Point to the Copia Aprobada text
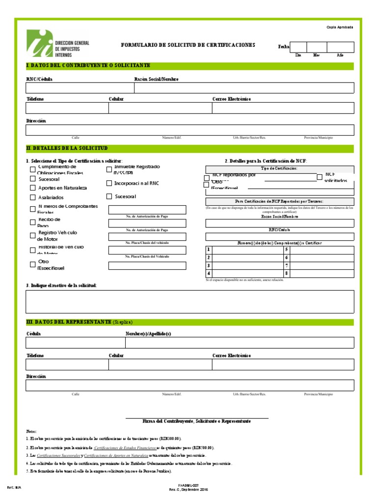pyautogui.click(x=340, y=27)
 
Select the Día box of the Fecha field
pyautogui.click(x=298, y=47)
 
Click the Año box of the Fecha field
pyautogui.click(x=340, y=47)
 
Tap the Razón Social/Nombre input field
pyautogui.click(x=243, y=88)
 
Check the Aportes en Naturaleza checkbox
pyautogui.click(x=33, y=188)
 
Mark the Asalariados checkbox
pyautogui.click(x=33, y=198)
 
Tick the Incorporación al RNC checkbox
pyautogui.click(x=109, y=183)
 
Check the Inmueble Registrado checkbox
pyautogui.click(x=109, y=170)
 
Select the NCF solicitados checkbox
pyautogui.click(x=320, y=177)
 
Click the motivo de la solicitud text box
pyautogui.click(x=189, y=301)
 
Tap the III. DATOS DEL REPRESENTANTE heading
pyautogui.click(x=68, y=322)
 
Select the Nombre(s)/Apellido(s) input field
pyautogui.click(x=239, y=342)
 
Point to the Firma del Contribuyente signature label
pyautogui.click(x=196, y=421)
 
